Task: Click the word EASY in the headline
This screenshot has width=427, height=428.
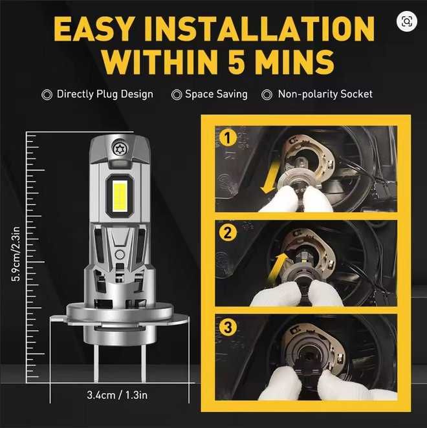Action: point(94,28)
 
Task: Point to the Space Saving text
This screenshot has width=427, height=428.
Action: point(216,94)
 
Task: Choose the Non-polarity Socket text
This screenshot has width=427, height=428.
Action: point(325,94)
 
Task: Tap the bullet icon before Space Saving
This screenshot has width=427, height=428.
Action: point(177,95)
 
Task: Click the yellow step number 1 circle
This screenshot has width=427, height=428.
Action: point(226,138)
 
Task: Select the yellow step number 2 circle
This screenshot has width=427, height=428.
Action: point(226,233)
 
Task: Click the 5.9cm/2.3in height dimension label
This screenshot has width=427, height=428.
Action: point(14,254)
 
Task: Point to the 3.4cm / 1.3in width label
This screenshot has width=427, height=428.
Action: point(119,394)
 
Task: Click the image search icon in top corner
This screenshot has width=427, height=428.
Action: point(406,21)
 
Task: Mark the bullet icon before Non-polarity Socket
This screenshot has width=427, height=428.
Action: point(267,95)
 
